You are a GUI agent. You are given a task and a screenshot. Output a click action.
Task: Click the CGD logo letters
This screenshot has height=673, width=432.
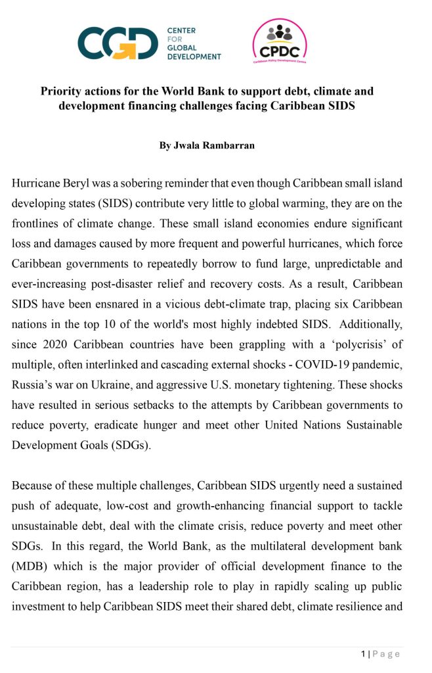(117, 43)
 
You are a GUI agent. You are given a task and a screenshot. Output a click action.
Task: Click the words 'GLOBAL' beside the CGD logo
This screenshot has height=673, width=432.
(184, 48)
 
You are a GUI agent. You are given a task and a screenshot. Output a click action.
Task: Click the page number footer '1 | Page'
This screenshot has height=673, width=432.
(380, 653)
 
